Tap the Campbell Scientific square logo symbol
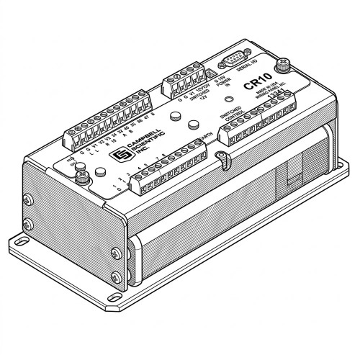click(113, 156)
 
